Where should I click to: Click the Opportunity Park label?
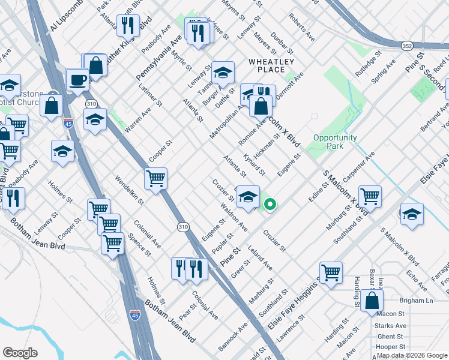[x=335, y=142]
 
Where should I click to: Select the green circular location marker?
[x=270, y=205]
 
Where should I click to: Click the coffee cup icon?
[x=77, y=79]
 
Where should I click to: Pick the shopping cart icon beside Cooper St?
[x=155, y=178]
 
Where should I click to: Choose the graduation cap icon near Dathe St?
[x=223, y=74]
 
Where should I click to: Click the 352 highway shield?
[x=407, y=45]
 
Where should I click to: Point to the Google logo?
[x=20, y=353]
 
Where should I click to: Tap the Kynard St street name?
[x=255, y=164]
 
